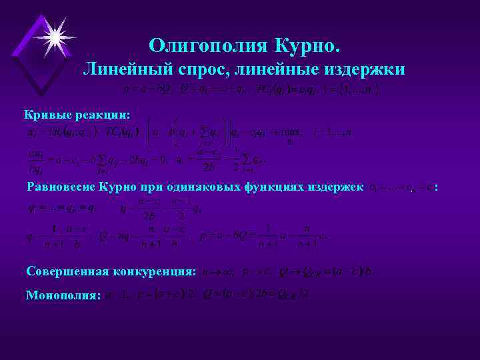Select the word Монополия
click(x=62, y=294)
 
